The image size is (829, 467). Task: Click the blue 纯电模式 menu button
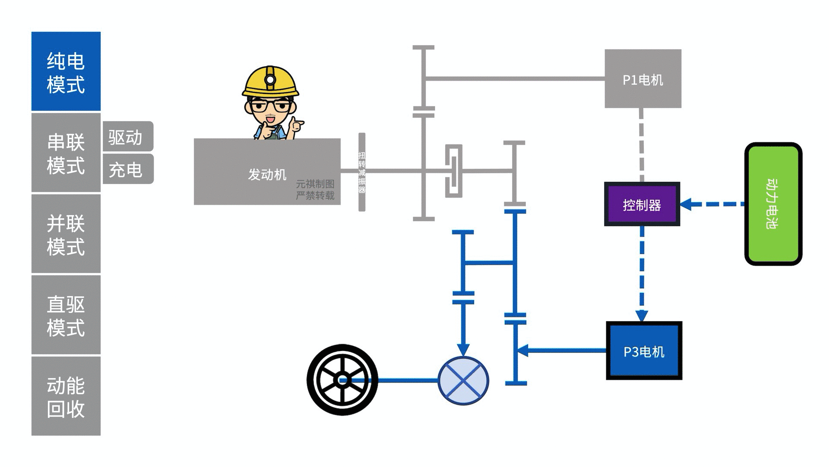tap(66, 72)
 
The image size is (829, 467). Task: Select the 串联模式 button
tap(66, 153)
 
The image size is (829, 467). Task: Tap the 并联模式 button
tap(66, 234)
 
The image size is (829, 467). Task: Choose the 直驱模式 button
tap(66, 315)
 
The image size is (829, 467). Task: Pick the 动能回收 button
tap(66, 396)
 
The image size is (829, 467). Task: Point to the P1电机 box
tap(643, 79)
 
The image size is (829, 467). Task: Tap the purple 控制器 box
tap(642, 204)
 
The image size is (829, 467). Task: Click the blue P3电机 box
tap(644, 351)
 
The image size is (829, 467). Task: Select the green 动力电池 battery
tap(773, 204)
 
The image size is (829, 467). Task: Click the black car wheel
tap(342, 380)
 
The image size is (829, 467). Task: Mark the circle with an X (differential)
tap(463, 381)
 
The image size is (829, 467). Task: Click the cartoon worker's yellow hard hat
tap(270, 82)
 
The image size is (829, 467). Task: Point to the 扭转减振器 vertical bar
tap(362, 172)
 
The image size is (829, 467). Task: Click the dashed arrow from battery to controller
tap(712, 204)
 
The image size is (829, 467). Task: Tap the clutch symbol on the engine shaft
tap(454, 171)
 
